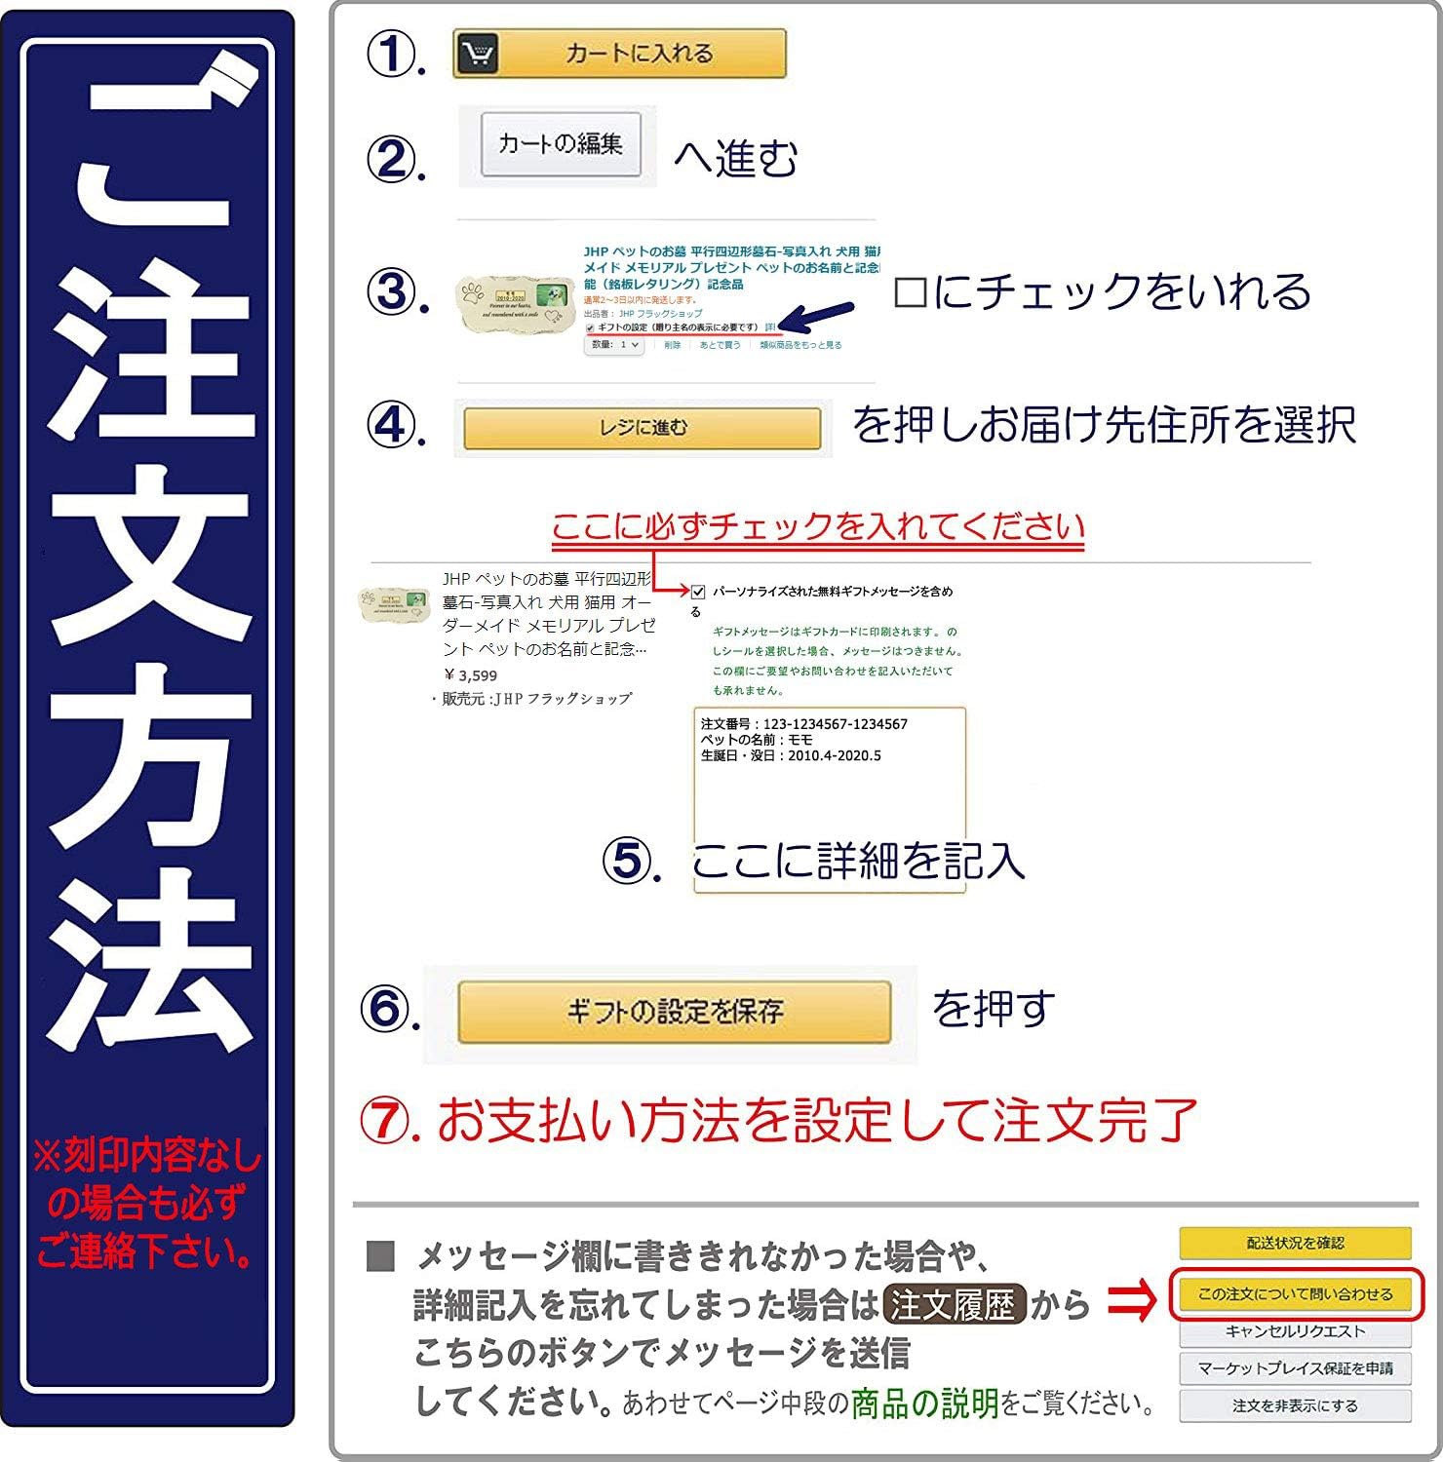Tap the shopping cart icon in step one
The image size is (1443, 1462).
pos(477,54)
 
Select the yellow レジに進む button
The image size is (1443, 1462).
pos(642,428)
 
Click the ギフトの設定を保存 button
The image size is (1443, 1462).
pos(674,1012)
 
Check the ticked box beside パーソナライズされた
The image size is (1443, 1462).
pos(698,592)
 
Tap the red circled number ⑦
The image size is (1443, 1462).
pos(386,1122)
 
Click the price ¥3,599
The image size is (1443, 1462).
pos(471,675)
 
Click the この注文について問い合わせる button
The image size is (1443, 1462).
pos(1295,1294)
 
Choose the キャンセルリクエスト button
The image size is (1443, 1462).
pos(1295,1331)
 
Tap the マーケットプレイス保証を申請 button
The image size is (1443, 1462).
pos(1295,1368)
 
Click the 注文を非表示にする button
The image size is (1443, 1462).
pos(1295,1405)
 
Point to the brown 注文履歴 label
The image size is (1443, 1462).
pos(954,1304)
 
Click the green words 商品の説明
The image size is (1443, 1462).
pos(924,1404)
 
